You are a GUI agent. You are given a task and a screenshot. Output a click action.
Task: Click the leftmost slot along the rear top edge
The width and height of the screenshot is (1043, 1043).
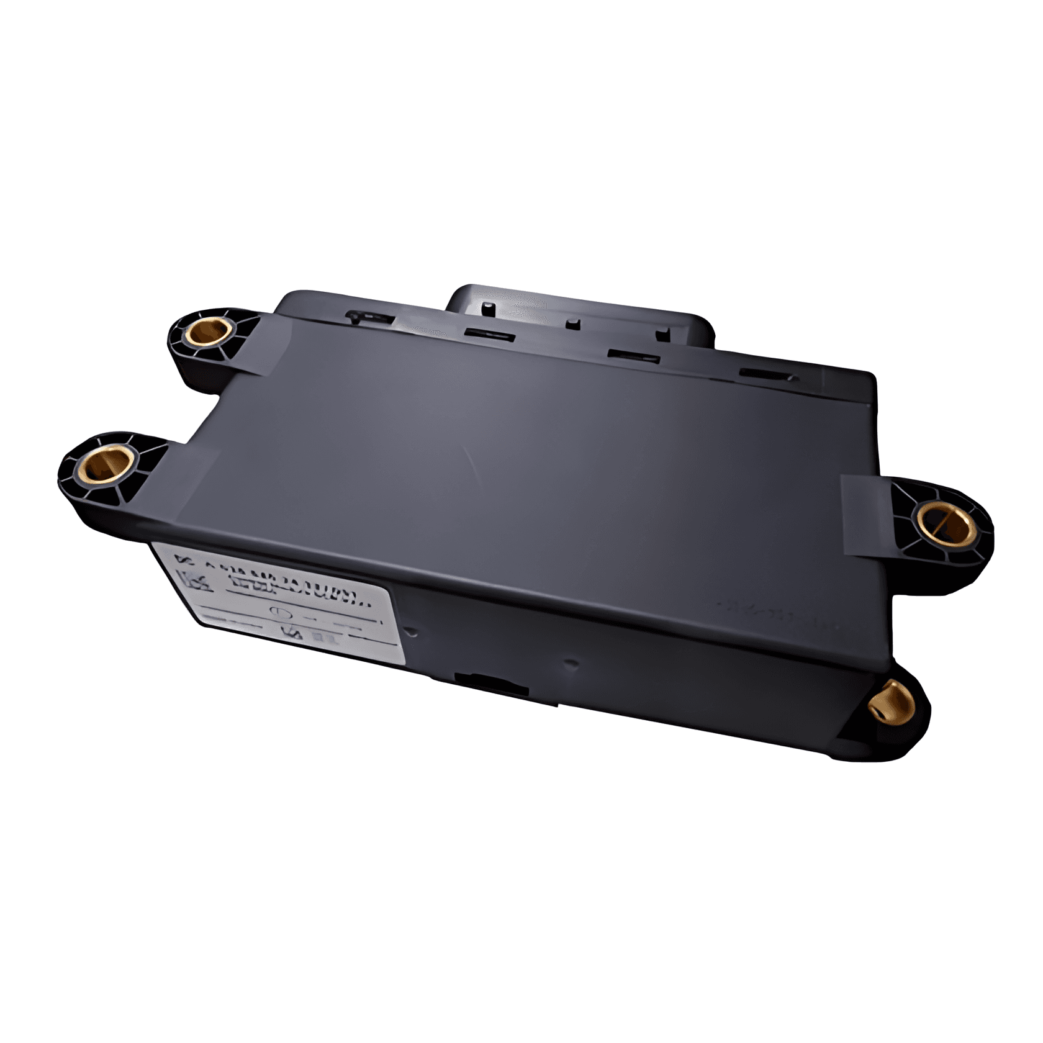point(369,317)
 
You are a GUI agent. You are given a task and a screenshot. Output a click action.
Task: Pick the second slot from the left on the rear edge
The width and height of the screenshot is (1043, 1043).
point(489,335)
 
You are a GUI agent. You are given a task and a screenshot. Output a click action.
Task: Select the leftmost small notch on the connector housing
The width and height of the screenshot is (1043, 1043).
point(489,307)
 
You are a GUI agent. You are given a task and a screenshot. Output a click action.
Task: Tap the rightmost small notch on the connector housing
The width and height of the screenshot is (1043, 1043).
point(663,334)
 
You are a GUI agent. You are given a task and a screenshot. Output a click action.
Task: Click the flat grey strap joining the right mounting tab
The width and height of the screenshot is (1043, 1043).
point(866,515)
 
